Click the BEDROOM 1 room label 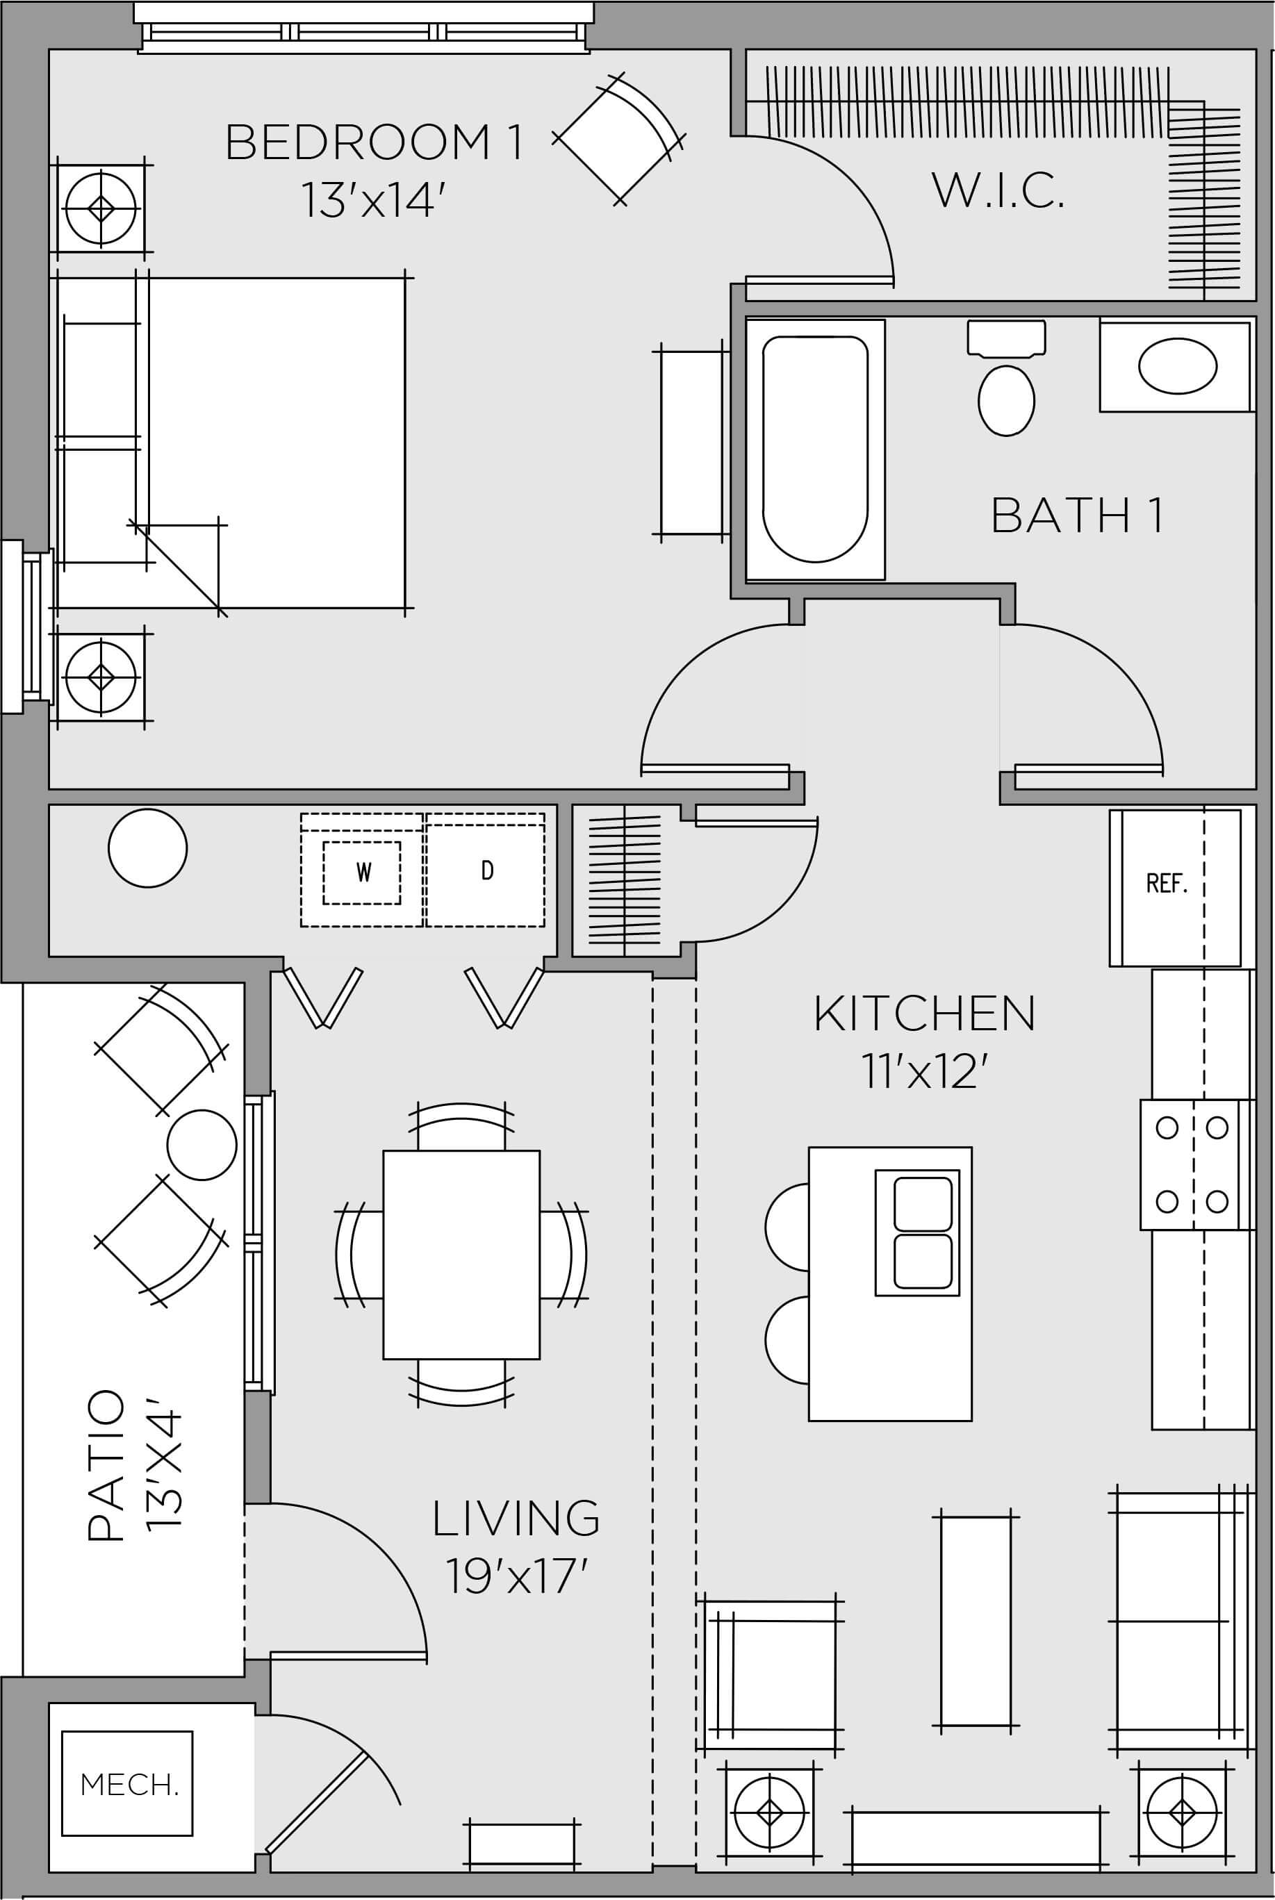click(373, 142)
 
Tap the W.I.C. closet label click(998, 190)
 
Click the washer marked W click(363, 873)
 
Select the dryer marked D click(486, 870)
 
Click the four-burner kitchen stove click(1192, 1164)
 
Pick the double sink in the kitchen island click(917, 1232)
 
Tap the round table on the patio click(201, 1144)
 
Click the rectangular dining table click(461, 1255)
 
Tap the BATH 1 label click(1078, 515)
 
